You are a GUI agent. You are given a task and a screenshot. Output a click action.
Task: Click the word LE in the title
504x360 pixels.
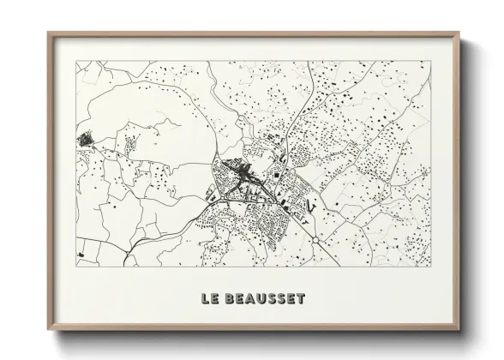pos(208,299)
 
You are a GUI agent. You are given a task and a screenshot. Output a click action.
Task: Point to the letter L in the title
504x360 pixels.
pos(204,299)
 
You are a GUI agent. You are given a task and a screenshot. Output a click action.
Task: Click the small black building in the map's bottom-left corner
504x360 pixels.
pos(80,255)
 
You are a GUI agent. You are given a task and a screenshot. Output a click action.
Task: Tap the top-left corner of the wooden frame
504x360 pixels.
pos(48,33)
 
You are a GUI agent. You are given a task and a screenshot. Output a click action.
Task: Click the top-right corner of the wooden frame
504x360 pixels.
pos(460,33)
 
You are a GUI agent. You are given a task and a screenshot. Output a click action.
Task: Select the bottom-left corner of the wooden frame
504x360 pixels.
pos(48,331)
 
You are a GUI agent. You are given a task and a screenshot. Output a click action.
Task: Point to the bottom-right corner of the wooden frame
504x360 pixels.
pos(460,331)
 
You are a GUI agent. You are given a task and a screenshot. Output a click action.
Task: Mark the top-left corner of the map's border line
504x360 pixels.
pos(76,61)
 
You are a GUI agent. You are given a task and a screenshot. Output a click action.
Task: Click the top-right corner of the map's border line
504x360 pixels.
pos(431,61)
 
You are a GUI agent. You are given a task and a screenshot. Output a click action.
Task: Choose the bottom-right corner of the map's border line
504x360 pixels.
pos(431,266)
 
